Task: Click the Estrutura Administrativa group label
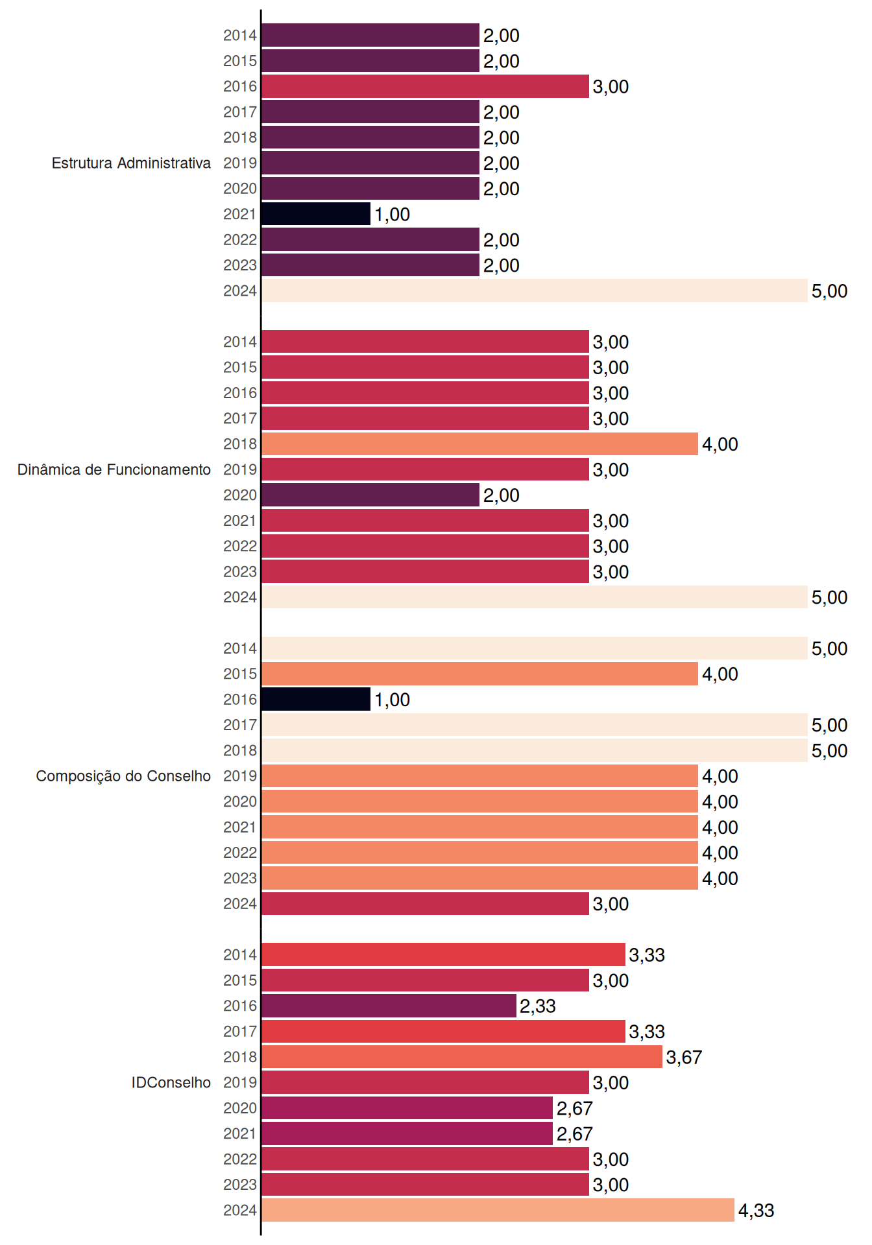tap(131, 163)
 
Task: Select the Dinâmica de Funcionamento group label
tap(114, 469)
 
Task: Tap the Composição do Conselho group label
tap(123, 776)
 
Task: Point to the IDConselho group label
tap(171, 1082)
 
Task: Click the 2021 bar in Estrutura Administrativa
tap(316, 214)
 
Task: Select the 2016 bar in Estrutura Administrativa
tap(425, 86)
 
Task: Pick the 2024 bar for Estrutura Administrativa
tap(535, 290)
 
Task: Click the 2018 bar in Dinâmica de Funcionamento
tap(479, 444)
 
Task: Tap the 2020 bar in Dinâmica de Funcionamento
tap(370, 495)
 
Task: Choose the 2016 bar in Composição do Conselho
tap(316, 699)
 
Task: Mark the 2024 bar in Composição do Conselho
tap(425, 903)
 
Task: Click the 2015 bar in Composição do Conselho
tap(479, 674)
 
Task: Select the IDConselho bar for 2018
tap(462, 1057)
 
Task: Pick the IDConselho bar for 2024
tap(498, 1210)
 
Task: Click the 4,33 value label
tap(757, 1211)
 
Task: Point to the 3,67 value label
tap(684, 1058)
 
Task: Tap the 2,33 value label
tap(538, 1006)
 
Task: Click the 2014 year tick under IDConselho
tap(240, 954)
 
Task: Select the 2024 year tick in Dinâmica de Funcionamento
tap(240, 597)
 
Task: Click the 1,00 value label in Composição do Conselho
tap(393, 700)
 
